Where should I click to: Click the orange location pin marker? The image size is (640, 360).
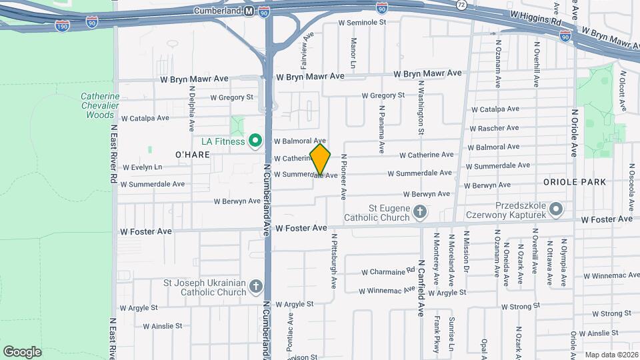pos(320,159)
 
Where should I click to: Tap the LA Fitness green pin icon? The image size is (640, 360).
pos(254,141)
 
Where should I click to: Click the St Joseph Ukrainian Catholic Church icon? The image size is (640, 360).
pos(256,287)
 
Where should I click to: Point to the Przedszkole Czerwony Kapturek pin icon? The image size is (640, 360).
pos(557,210)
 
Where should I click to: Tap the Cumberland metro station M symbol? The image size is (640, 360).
pos(249,11)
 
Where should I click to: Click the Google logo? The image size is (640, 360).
pos(22,351)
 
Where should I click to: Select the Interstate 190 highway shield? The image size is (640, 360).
pos(62,25)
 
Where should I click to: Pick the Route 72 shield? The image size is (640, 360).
pos(461,5)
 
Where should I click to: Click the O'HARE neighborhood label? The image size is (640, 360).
pos(193,155)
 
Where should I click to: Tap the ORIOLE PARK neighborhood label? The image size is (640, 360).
pos(574,182)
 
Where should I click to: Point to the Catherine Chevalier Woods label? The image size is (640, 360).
pos(100,105)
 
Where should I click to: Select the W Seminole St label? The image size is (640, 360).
pos(363,22)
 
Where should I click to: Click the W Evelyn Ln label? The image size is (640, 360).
pos(141,167)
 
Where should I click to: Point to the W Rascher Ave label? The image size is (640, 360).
pos(494,128)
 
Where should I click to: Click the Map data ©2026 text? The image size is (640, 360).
pos(611,355)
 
